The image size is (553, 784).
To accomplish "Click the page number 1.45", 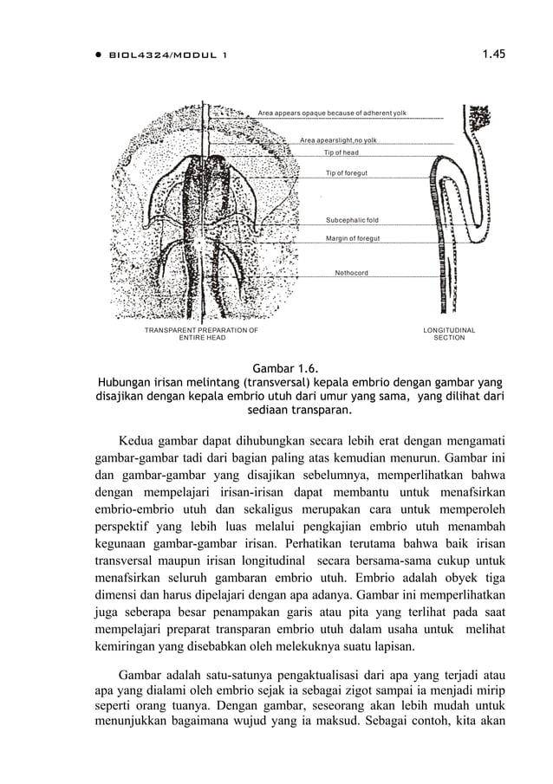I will pos(494,55).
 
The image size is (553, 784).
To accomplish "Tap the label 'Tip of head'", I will pos(342,152).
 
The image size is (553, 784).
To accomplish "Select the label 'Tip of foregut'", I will pos(346,173).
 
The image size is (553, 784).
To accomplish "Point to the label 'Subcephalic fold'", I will pos(351,221).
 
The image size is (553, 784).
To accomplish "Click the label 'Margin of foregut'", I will pos(353,237).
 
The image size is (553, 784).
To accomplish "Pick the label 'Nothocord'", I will pos(351,273).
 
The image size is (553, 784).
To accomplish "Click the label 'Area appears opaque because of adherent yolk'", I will pos(332,113).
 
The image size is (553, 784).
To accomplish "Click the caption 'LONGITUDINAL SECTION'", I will pos(449,334).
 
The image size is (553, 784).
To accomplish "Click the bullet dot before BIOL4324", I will pos(99,55).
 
